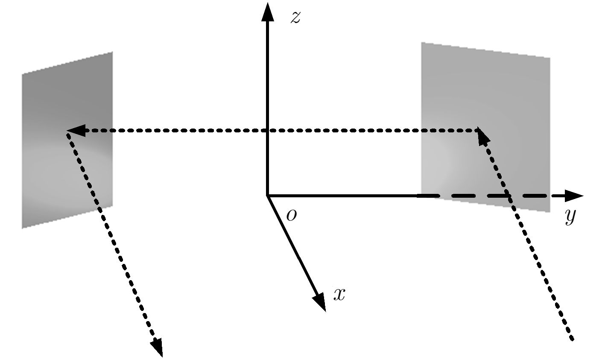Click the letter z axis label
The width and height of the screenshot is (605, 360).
[295, 18]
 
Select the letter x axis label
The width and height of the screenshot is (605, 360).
[339, 294]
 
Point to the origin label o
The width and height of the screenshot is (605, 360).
[292, 215]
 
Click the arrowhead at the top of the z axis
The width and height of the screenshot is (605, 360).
[268, 12]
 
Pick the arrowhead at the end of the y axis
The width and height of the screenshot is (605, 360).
[574, 196]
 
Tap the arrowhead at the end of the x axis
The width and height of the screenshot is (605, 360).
[320, 302]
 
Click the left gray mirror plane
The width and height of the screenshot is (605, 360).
[67, 140]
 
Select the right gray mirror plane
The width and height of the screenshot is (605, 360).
[485, 127]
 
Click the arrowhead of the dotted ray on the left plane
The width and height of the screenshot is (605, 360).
[76, 131]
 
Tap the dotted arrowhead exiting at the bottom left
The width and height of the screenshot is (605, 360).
[157, 348]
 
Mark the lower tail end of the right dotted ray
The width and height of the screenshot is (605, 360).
[572, 339]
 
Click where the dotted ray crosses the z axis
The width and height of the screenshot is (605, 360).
[268, 131]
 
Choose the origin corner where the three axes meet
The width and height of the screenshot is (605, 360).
[268, 196]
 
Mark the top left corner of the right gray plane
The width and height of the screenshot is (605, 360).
[421, 42]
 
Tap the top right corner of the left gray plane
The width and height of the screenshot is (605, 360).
[112, 52]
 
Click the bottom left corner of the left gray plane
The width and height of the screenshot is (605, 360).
[23, 228]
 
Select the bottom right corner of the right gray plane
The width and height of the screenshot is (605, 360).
[550, 212]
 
